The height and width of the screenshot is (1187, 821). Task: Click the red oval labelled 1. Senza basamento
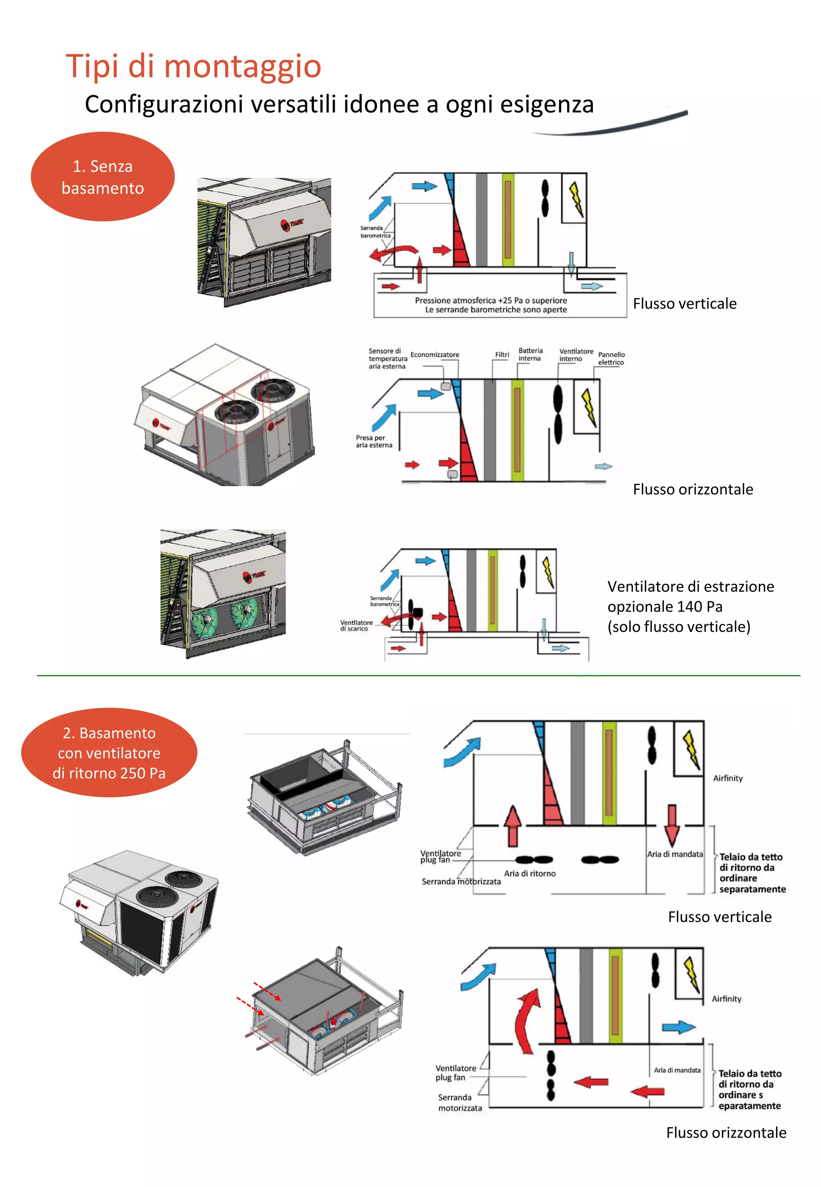(x=103, y=177)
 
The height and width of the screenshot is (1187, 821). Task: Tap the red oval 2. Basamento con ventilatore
(x=109, y=753)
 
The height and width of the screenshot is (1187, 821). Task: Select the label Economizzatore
(x=435, y=355)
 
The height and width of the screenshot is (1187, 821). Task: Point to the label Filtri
(x=502, y=355)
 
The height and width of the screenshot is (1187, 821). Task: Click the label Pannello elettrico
(x=611, y=358)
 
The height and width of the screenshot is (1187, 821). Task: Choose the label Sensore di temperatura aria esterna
(x=387, y=358)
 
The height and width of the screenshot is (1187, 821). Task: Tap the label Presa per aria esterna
(x=374, y=441)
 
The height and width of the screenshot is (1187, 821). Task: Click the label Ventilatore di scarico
(x=356, y=625)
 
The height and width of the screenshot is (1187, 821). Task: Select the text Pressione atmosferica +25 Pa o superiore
(x=491, y=300)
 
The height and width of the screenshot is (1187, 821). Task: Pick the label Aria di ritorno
(x=530, y=874)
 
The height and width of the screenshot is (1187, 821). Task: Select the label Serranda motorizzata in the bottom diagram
(x=459, y=1103)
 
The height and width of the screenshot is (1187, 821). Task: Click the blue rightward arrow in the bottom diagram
(x=679, y=1027)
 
